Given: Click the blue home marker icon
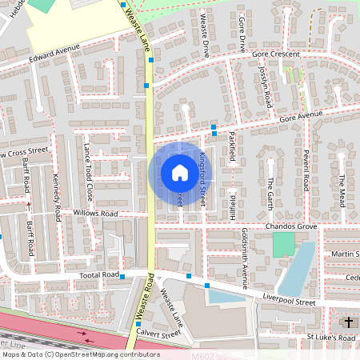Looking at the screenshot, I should tap(180, 173).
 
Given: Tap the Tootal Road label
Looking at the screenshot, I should tap(98, 274).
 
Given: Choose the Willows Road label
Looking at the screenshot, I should tap(95, 214).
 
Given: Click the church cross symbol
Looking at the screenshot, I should tap(348, 322).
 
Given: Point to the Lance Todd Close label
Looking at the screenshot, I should tap(88, 170).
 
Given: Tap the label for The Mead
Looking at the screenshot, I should tap(341, 190).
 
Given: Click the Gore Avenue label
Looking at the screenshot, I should tap(301, 114).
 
